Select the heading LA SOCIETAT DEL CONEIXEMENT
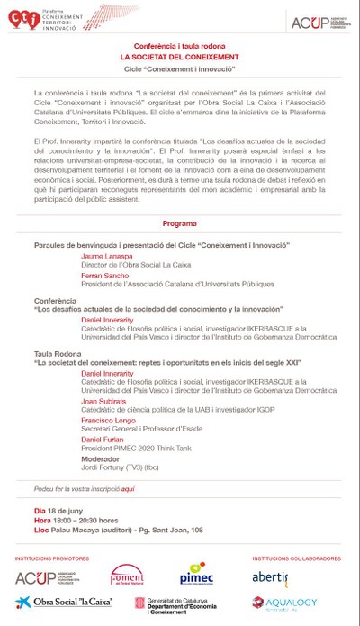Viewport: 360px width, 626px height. [x=180, y=55]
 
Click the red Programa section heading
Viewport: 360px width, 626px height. [x=179, y=223]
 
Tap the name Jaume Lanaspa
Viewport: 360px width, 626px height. [x=106, y=257]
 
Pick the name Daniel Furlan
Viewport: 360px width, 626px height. [x=103, y=439]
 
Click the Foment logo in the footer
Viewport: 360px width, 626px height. [x=127, y=574]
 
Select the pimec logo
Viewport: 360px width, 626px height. [x=196, y=575]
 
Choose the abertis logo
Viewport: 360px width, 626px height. [x=270, y=576]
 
